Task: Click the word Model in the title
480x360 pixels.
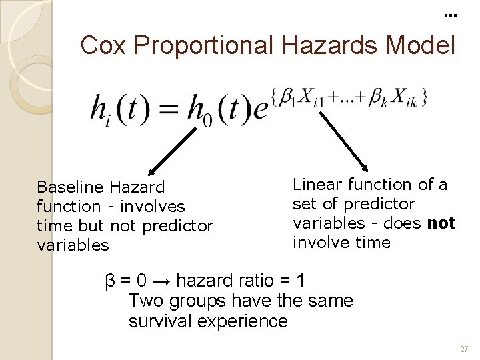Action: pyautogui.click(x=425, y=45)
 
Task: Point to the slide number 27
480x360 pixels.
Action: pyautogui.click(x=464, y=349)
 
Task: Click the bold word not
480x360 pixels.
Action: pyautogui.click(x=441, y=223)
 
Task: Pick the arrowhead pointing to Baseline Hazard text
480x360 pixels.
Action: pyautogui.click(x=150, y=171)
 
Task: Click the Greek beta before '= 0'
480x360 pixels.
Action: pyautogui.click(x=111, y=281)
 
